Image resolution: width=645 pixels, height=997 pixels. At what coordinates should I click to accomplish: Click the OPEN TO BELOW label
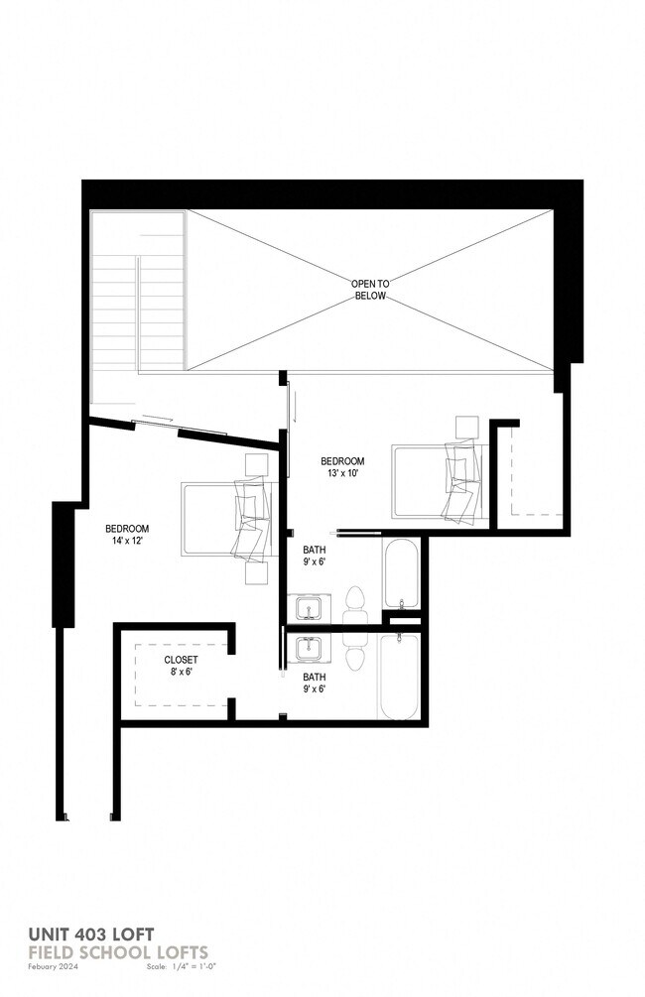point(370,290)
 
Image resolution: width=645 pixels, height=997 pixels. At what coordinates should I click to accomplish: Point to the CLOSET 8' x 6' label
point(181,666)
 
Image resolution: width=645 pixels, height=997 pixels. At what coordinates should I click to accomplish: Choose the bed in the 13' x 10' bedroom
point(437,482)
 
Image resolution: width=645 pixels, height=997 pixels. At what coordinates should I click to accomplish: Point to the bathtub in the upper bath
point(401,576)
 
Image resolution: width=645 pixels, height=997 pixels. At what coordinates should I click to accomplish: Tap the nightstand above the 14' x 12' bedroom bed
point(257,464)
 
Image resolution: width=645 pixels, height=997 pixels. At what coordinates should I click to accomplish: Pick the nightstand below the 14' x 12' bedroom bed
point(257,574)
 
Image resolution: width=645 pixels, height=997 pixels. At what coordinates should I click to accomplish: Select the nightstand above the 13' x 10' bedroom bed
point(465,427)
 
